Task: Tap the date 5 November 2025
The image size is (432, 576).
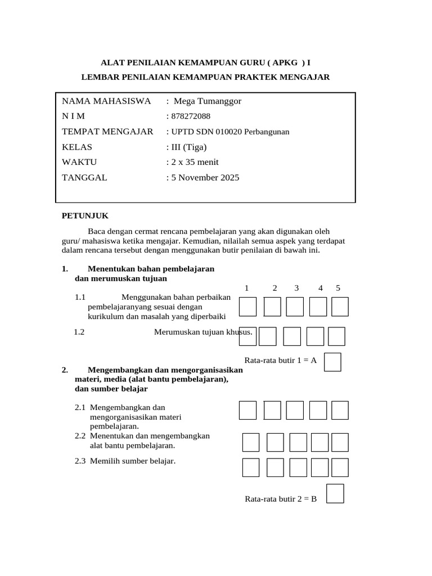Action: pos(202,178)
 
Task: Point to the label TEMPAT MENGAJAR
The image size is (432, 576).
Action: pos(107,132)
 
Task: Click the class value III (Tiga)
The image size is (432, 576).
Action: pos(187,147)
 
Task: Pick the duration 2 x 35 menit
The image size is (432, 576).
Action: pos(192,163)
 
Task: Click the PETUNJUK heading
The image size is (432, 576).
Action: pos(84,215)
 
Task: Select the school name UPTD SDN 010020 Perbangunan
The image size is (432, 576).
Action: pos(228,132)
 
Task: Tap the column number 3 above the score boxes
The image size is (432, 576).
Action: pos(296,288)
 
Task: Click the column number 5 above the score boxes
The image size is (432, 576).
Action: pos(338,288)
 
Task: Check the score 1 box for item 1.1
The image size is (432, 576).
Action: pos(247,307)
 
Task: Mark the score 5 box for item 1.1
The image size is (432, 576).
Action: pos(340,307)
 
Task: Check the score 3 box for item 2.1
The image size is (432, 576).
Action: pos(295,410)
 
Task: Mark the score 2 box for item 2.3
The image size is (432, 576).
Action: pos(275,467)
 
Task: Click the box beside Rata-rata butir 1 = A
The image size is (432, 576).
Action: pos(333,362)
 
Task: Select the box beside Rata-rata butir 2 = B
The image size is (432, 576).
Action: pos(335,494)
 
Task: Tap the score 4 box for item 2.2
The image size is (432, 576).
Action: pos(319,442)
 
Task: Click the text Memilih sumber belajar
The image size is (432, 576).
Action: pos(133,461)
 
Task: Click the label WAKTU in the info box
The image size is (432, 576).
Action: pos(79,163)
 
